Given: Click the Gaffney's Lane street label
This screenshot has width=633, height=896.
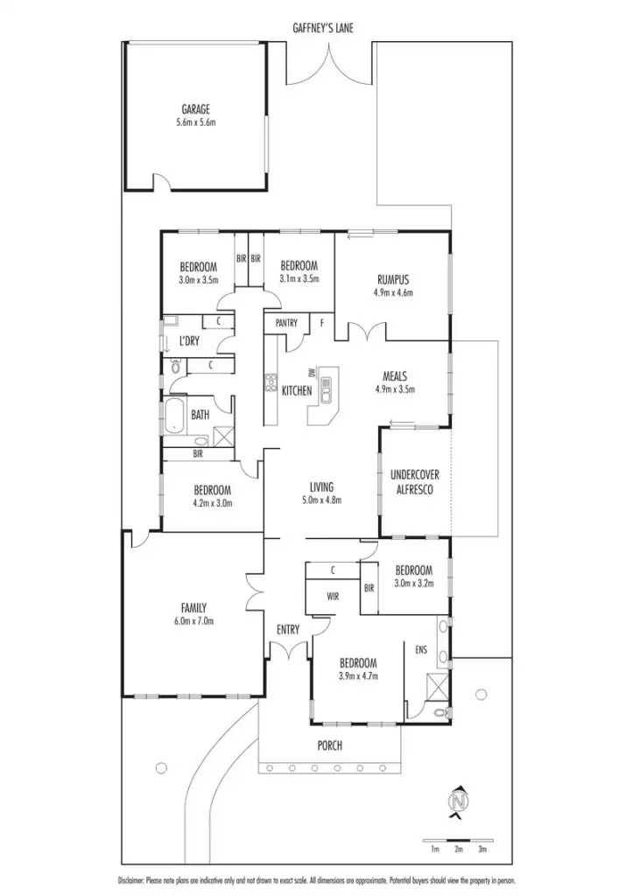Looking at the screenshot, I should click(x=323, y=28).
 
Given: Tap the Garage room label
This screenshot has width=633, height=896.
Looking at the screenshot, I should click(x=195, y=109).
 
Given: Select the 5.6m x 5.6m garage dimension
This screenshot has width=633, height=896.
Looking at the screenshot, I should click(x=195, y=123).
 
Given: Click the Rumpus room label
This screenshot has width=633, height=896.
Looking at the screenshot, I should click(x=392, y=280).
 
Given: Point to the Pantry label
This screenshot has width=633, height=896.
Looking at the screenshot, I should click(x=286, y=323).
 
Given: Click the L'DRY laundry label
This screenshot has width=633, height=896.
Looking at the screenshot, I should click(x=187, y=340).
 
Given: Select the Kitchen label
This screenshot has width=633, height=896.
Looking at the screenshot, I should click(x=297, y=390).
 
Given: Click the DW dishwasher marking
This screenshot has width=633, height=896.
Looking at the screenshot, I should click(x=312, y=373).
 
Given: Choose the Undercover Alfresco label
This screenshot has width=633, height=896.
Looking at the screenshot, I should click(x=414, y=482).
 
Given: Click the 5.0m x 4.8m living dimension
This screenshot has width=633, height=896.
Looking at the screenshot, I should click(x=321, y=500).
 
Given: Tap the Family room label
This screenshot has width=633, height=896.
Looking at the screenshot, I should click(x=194, y=607).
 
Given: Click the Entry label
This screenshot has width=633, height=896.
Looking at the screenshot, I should click(x=287, y=629).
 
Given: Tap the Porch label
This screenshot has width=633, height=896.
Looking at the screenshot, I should click(x=330, y=745).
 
